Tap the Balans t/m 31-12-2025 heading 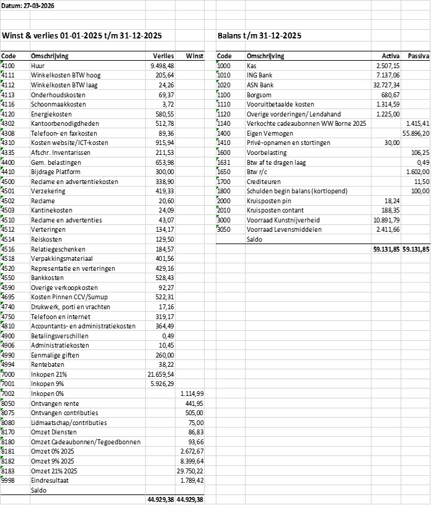tap(260, 36)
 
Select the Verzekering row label tap(47, 192)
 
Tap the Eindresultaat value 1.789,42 tap(192, 480)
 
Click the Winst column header tap(194, 56)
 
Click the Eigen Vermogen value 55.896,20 tap(415, 133)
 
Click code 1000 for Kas tap(224, 65)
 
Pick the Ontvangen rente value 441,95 tap(194, 403)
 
